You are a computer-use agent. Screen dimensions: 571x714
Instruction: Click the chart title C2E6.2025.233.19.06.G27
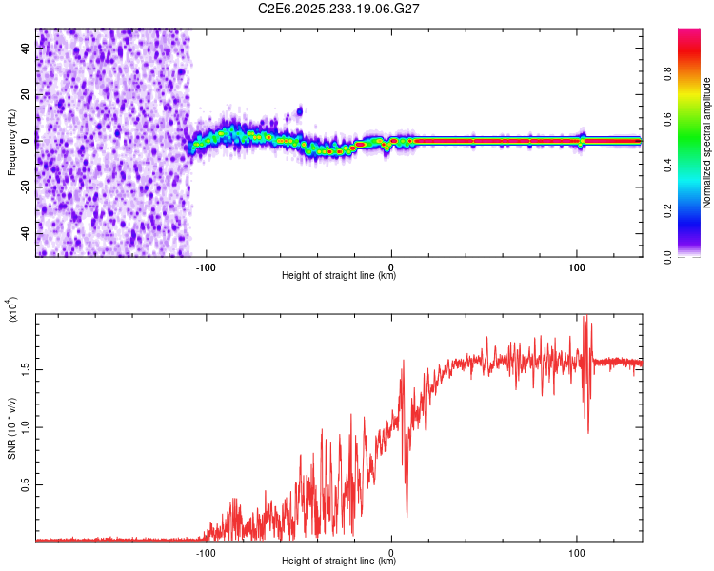(339, 9)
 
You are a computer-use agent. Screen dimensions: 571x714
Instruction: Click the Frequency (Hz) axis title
(11, 143)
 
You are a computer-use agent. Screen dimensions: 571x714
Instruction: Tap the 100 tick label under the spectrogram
(576, 266)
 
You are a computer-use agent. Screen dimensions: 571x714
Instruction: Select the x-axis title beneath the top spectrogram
(339, 276)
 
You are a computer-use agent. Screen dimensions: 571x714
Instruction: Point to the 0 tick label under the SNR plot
(391, 551)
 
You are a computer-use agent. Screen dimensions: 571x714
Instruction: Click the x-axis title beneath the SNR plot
(339, 561)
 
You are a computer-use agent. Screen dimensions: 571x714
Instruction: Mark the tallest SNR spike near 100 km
(585, 318)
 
